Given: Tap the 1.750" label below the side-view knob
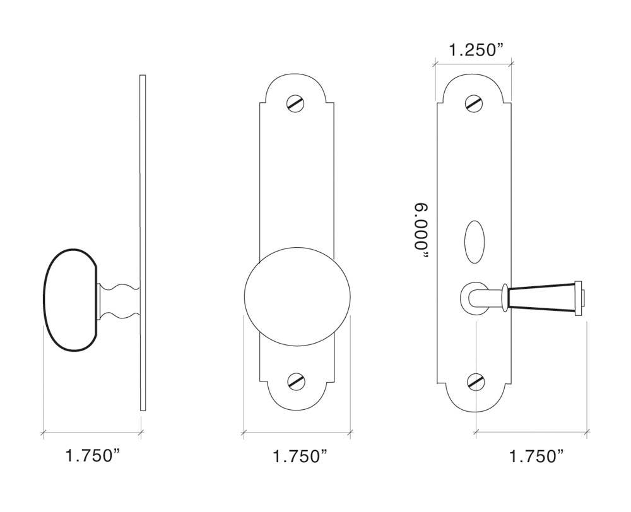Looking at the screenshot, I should [x=93, y=456].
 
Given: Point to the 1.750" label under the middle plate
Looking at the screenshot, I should [x=300, y=456].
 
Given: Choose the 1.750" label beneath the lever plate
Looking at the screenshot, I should [x=536, y=456].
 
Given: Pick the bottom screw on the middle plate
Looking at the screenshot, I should [x=295, y=381].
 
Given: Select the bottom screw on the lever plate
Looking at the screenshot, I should [x=475, y=381].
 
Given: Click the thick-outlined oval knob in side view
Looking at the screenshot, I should [x=69, y=300].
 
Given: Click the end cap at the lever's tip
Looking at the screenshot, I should [x=579, y=297].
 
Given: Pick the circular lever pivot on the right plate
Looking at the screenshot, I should [x=473, y=297].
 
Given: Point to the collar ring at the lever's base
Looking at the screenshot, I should [x=505, y=297].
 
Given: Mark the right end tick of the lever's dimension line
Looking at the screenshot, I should [x=587, y=433].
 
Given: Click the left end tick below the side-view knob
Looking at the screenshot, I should [x=43, y=433].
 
